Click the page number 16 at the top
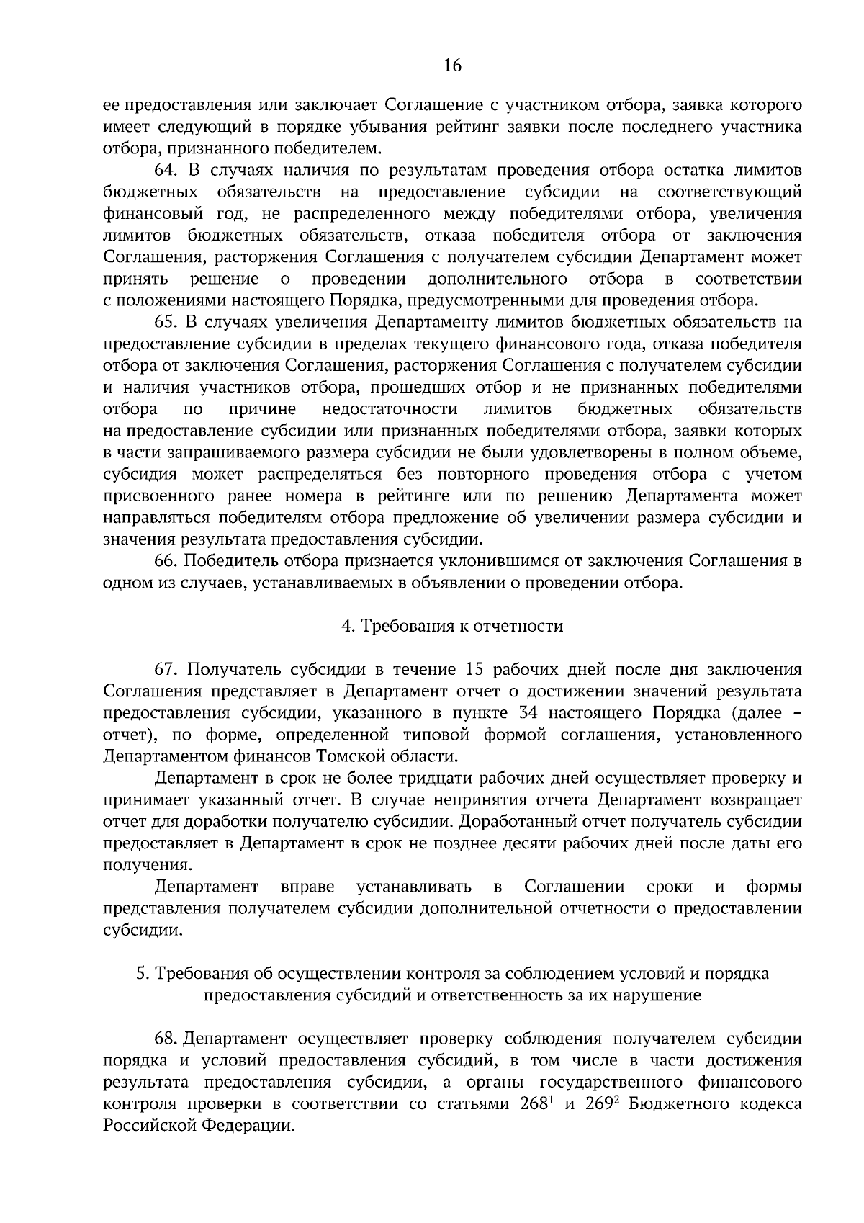[452, 66]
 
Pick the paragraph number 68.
[166, 1039]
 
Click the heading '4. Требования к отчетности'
[452, 626]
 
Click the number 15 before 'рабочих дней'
[477, 670]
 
